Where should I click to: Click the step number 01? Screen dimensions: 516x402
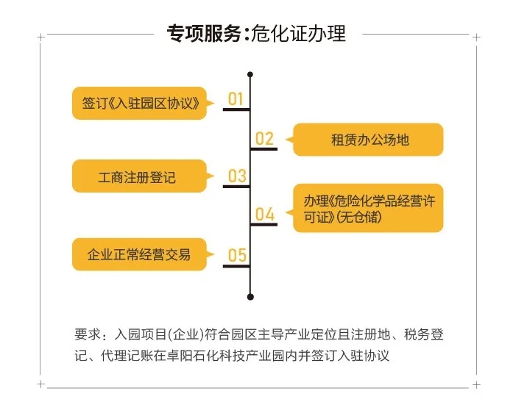pyautogui.click(x=236, y=99)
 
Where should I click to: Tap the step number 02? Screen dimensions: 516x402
pyautogui.click(x=264, y=139)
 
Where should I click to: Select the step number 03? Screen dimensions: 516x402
pyautogui.click(x=237, y=176)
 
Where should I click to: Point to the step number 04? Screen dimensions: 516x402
pyautogui.click(x=264, y=214)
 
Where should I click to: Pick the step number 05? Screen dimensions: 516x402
pyautogui.click(x=237, y=255)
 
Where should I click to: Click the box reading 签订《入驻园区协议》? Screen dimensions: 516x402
pyautogui.click(x=140, y=103)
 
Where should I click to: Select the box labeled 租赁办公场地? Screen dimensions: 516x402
pyautogui.click(x=368, y=140)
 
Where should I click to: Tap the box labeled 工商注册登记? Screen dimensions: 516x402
pyautogui.click(x=140, y=176)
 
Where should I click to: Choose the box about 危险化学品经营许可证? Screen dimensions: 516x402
pyautogui.click(x=368, y=208)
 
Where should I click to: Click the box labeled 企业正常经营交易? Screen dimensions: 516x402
pyautogui.click(x=140, y=254)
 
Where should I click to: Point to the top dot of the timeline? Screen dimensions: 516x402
pyautogui.click(x=250, y=74)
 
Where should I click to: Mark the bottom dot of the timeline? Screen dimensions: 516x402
pyautogui.click(x=250, y=297)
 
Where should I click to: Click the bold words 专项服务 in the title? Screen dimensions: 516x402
pyautogui.click(x=204, y=33)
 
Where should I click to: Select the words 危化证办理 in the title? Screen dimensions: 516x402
pyautogui.click(x=298, y=33)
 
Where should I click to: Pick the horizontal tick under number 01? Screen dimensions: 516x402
pyautogui.click(x=236, y=110)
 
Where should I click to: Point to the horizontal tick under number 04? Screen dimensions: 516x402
pyautogui.click(x=264, y=225)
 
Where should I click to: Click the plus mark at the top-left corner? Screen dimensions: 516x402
pyautogui.click(x=40, y=37)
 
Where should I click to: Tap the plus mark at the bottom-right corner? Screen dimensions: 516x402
pyautogui.click(x=476, y=384)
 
